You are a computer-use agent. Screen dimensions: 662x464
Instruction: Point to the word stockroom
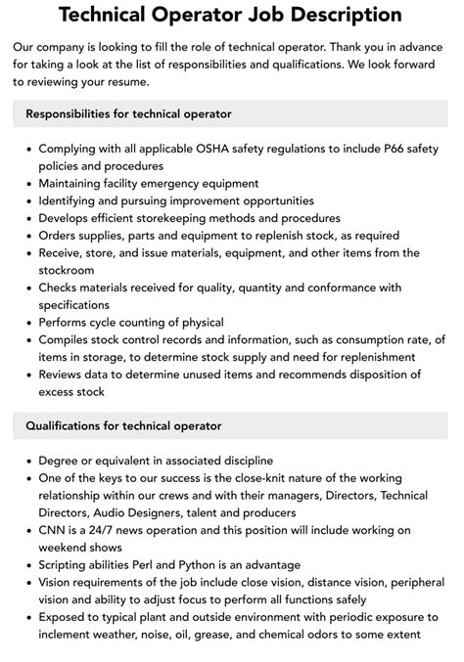(x=67, y=270)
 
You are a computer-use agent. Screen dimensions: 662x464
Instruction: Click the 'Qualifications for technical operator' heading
(x=123, y=425)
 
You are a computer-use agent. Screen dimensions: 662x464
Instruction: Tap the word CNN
(x=54, y=530)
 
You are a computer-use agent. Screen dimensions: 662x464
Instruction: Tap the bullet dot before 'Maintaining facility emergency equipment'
(x=25, y=183)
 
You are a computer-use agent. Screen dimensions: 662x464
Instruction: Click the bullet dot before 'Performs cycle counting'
(x=25, y=323)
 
